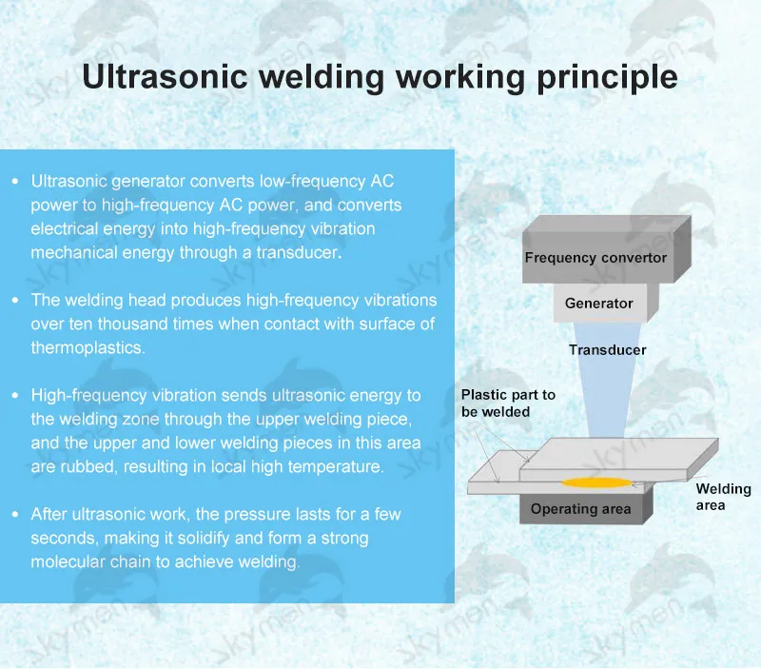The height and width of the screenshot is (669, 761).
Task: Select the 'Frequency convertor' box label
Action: pos(595,258)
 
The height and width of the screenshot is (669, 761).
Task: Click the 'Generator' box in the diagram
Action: pos(598,304)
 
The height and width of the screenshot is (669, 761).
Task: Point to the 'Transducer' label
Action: pos(607,350)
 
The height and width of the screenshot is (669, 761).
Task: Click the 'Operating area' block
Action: pos(580,509)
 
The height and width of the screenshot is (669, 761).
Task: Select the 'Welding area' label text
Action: pos(723,497)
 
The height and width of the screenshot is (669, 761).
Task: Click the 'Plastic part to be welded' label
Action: pos(508,403)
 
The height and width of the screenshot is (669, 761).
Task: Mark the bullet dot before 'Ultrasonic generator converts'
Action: pos(15,181)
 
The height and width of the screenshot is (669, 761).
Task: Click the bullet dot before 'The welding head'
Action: pos(15,301)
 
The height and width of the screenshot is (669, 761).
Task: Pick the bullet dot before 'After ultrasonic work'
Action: pos(15,515)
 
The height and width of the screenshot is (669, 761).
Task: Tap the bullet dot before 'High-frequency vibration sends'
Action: pos(15,395)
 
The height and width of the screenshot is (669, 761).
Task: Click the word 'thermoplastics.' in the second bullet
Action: pos(88,348)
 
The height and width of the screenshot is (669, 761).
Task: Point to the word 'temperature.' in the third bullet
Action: pos(339,467)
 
